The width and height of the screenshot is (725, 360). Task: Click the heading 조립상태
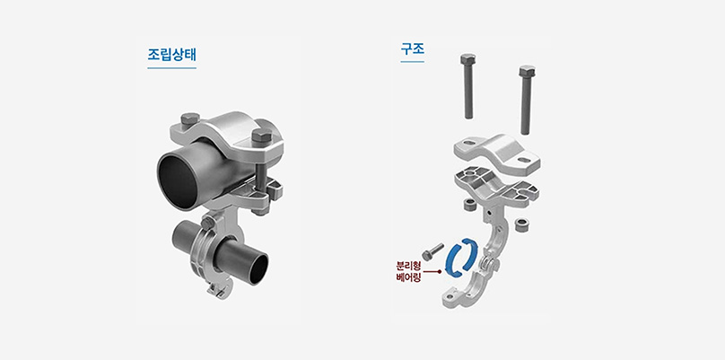172,55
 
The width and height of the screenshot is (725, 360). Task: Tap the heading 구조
413,48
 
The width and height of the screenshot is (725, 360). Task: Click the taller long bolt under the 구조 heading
467,86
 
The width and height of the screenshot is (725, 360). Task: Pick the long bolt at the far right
526,99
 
